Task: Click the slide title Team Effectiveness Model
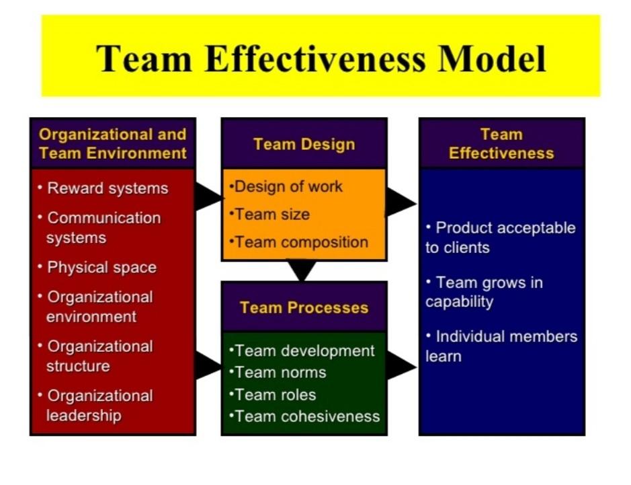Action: click(321, 58)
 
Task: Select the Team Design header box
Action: click(304, 144)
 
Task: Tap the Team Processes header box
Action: click(304, 307)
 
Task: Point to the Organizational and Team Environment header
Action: click(113, 143)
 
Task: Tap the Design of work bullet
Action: click(286, 187)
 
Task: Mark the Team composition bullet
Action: click(299, 242)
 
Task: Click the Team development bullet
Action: click(302, 350)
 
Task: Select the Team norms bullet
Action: click(278, 372)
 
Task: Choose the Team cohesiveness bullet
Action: click(304, 416)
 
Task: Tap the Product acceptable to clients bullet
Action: click(500, 237)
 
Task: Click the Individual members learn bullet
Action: click(501, 346)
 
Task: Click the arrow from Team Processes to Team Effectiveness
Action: click(401, 366)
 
